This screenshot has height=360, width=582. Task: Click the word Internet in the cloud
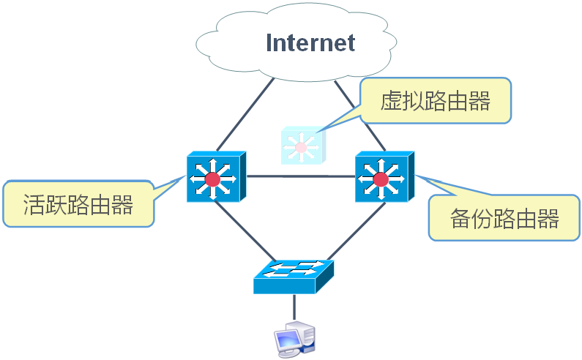(x=310, y=42)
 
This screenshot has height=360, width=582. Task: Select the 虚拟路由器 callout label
(x=435, y=101)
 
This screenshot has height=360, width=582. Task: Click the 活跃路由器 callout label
(x=78, y=204)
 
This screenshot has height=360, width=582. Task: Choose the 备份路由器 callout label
(x=504, y=218)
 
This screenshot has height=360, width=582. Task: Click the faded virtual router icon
(x=302, y=146)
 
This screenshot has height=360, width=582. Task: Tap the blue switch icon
(x=293, y=276)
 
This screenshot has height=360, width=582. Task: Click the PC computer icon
(x=294, y=338)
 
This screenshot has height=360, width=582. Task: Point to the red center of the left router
(x=212, y=179)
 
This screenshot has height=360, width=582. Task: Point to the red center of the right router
(x=381, y=179)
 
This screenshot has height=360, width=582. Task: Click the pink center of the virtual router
(x=300, y=147)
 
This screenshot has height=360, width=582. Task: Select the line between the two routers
(x=300, y=176)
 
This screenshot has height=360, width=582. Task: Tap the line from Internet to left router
(x=245, y=113)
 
